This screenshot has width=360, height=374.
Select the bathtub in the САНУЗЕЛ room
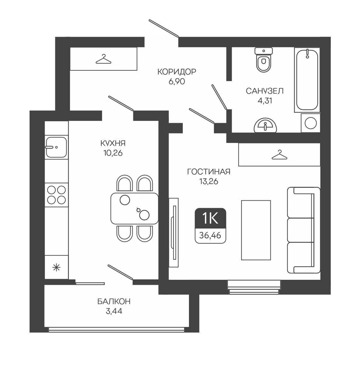click(307, 79)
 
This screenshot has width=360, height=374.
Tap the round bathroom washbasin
click(265, 125)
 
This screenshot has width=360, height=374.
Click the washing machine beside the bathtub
click(311, 123)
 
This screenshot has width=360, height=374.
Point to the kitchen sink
click(56, 147)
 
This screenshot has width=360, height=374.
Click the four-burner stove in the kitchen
click(56, 195)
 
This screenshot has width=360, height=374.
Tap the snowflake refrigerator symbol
click(56, 268)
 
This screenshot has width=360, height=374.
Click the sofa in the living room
click(304, 230)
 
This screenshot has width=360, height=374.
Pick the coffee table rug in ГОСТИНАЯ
click(256, 230)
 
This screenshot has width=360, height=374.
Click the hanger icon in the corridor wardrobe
click(103, 59)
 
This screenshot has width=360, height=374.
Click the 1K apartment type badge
click(210, 218)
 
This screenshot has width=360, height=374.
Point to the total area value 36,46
click(210, 236)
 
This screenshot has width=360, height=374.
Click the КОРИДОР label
click(177, 72)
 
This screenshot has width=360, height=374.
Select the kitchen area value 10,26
click(113, 153)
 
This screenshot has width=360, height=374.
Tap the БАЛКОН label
click(114, 301)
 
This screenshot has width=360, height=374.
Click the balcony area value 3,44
click(114, 311)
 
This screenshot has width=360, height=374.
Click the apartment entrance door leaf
click(163, 28)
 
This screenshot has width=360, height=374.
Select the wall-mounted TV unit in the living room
click(174, 233)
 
